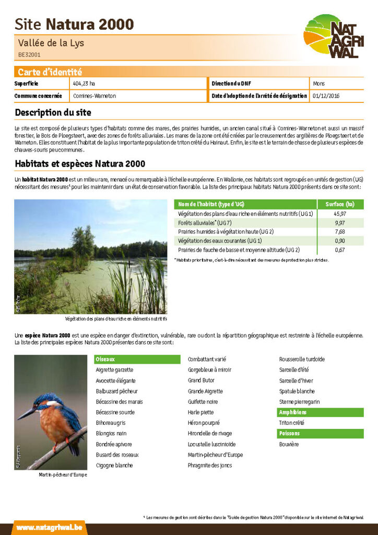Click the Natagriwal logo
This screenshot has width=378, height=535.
tap(333, 37)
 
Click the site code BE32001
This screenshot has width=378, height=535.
tap(29, 54)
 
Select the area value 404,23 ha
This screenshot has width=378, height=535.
tap(84, 84)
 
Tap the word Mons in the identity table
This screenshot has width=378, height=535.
tap(318, 84)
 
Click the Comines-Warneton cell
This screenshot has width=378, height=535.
tap(95, 96)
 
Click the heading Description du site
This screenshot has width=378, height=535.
tap(53, 112)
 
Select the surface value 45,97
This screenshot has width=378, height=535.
tap(339, 214)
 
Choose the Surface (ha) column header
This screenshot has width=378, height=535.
tap(339, 204)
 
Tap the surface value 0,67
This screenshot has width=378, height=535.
tap(339, 250)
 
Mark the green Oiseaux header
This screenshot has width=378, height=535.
tap(105, 359)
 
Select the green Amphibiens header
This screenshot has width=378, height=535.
tap(293, 412)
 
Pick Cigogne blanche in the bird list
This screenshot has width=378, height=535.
tap(114, 465)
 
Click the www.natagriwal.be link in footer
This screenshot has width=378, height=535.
tap(49, 528)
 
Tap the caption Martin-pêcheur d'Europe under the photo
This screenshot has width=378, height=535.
tap(63, 475)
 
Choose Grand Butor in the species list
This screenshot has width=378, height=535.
tap(201, 380)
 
